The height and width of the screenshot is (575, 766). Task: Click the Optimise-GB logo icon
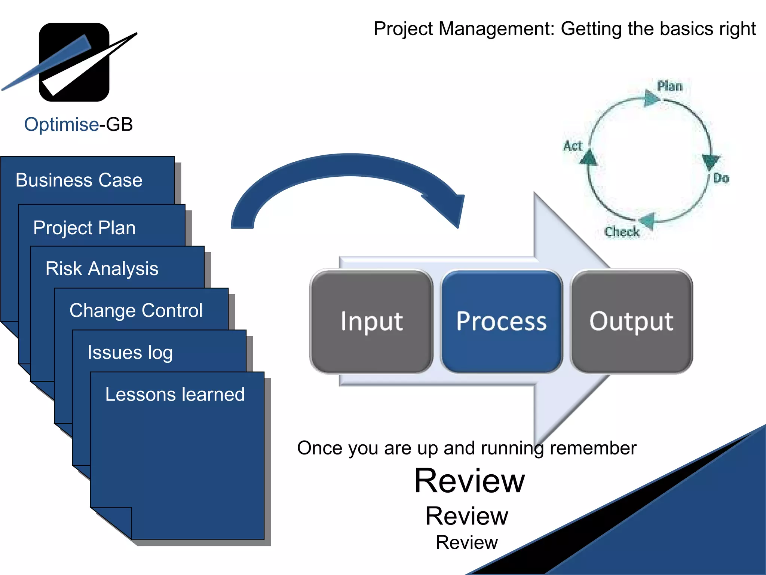click(74, 62)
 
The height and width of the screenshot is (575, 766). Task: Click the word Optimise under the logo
click(61, 124)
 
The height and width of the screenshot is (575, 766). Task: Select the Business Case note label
click(79, 180)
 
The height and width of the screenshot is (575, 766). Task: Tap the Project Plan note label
click(84, 228)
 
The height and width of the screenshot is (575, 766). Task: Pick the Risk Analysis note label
click(102, 268)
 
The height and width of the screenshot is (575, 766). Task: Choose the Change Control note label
click(136, 310)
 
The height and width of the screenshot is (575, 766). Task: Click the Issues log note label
click(130, 352)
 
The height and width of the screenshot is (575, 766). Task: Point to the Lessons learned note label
click(175, 394)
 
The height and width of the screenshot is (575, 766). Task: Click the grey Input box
click(371, 321)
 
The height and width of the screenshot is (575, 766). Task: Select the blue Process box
click(501, 321)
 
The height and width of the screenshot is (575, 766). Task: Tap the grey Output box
click(631, 321)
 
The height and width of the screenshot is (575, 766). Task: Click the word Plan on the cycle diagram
click(670, 86)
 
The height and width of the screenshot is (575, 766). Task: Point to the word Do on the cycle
click(721, 178)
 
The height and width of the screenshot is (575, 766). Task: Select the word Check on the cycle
click(622, 232)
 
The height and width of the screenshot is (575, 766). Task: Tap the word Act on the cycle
click(573, 146)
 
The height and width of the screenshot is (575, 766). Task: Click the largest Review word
click(469, 481)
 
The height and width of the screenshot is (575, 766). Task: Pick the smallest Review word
click(467, 542)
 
